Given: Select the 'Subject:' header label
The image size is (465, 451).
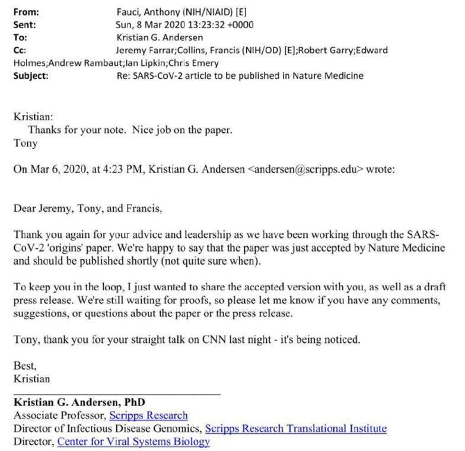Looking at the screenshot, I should tap(31, 75).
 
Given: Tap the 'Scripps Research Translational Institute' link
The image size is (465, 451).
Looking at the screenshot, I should tap(295, 428).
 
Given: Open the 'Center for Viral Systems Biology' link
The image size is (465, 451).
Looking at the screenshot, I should tap(133, 442).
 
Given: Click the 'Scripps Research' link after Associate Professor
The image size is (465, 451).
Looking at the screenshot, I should tap(148, 415).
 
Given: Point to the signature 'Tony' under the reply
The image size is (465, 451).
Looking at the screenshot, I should tap(25, 142).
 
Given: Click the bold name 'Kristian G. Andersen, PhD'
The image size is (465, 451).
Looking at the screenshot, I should tap(79, 402).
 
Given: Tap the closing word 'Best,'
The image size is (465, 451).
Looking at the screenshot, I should tap(25, 366).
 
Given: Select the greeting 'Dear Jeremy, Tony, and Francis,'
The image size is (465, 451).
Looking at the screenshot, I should tap(87, 208).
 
